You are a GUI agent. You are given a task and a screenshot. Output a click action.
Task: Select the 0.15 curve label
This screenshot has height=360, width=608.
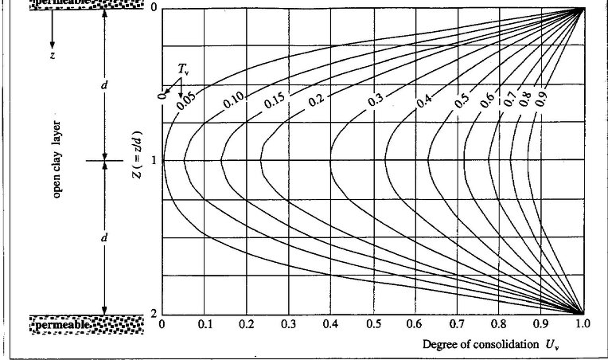point(275,101)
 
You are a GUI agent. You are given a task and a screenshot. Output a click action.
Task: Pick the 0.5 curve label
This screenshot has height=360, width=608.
point(462,101)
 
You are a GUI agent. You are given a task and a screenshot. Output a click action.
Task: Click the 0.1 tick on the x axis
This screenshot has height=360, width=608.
point(205,325)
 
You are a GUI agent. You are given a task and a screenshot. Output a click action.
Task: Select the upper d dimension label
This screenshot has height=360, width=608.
point(104,85)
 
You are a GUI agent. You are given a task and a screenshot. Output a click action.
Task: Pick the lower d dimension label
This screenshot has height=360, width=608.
point(104,238)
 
